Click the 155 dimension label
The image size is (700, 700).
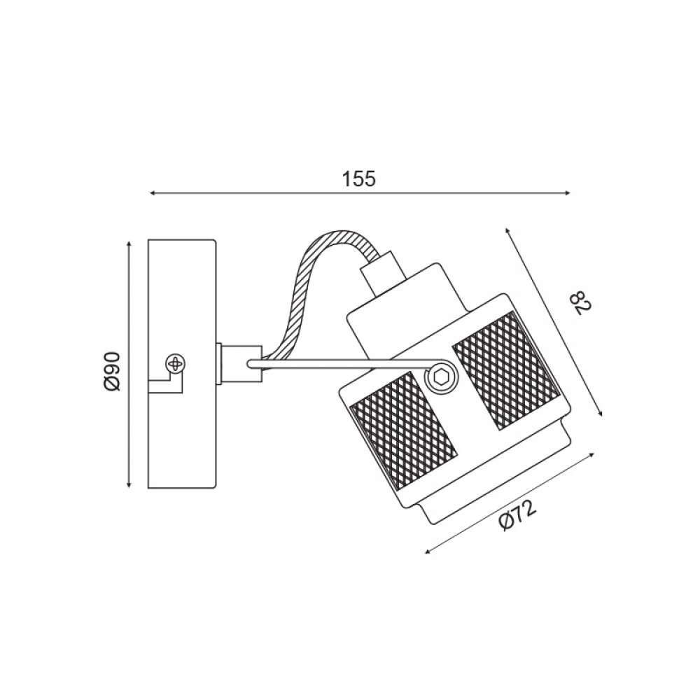coord(359,178)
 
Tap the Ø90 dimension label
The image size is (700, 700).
coord(111,371)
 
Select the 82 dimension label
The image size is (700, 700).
coord(582,302)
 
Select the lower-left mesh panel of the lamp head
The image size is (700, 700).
coord(404,430)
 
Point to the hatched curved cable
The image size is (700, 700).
coord(321,286)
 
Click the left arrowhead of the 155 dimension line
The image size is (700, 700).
coord(153,193)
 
